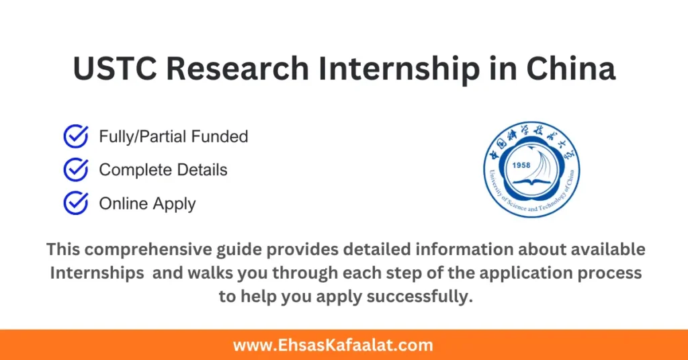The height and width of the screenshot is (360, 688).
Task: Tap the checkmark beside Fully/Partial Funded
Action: (75, 136)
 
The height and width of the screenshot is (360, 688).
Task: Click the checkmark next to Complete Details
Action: (75, 170)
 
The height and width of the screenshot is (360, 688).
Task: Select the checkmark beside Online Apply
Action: (75, 203)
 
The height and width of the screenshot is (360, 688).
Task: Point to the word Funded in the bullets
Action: (219, 136)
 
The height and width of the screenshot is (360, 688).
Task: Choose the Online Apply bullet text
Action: (147, 204)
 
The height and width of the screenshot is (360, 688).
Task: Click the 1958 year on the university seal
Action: (522, 165)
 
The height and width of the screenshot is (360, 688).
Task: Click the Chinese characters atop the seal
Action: (531, 138)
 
